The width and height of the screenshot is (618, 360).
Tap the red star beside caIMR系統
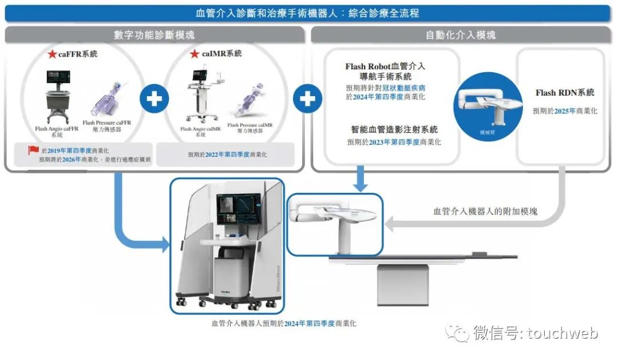pos(194,54)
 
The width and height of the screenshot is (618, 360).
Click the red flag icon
pos(34,151)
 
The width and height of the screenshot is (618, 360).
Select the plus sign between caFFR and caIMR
pos(154,98)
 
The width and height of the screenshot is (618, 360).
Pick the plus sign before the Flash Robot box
pos(307,98)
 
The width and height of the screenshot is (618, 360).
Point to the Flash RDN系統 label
pos(564,93)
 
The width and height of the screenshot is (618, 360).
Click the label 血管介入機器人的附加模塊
pos(485,211)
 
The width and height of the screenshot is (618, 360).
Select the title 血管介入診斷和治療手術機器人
pos(269,13)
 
